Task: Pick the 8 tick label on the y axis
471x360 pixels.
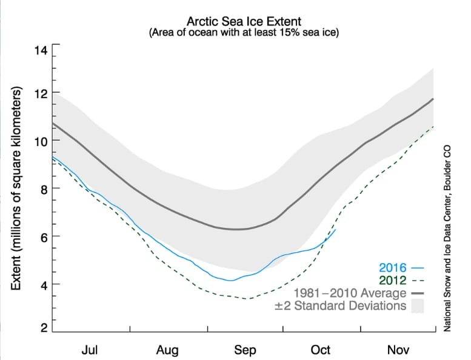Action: click(x=42, y=188)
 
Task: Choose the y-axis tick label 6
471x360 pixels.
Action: click(x=42, y=236)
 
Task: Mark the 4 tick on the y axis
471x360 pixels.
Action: click(x=42, y=284)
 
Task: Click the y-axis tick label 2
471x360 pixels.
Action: click(x=42, y=328)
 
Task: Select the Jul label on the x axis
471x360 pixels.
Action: click(x=90, y=350)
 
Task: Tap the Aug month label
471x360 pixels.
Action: click(x=167, y=350)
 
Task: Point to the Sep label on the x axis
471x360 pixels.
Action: click(x=245, y=350)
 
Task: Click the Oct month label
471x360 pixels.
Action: click(x=321, y=350)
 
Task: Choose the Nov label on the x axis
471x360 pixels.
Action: click(x=398, y=350)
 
